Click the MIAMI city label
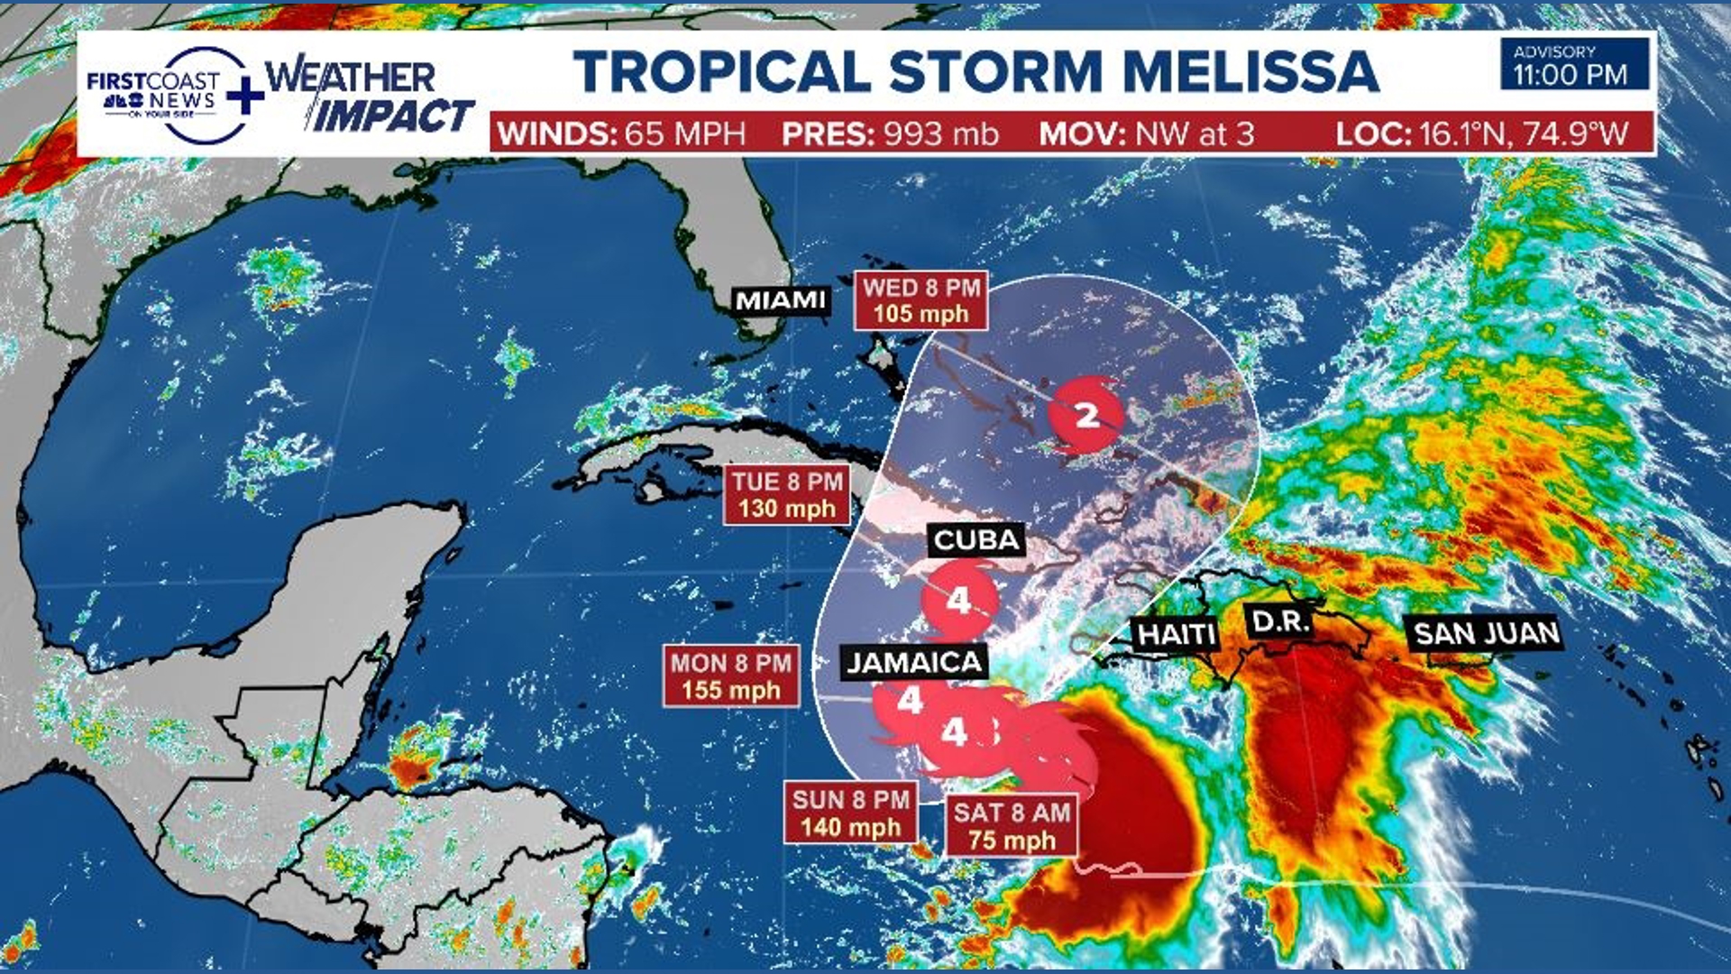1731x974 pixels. click(781, 300)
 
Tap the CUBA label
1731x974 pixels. click(976, 540)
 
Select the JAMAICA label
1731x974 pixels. click(914, 663)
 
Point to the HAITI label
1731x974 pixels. click(1177, 635)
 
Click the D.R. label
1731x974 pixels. click(1280, 621)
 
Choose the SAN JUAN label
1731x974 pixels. click(1486, 634)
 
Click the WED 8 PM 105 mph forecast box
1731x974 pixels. click(920, 300)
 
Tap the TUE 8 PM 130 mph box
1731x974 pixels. click(787, 495)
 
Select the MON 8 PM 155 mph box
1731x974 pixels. click(730, 676)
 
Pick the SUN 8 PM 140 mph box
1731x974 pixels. click(850, 813)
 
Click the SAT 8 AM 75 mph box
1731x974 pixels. click(1012, 826)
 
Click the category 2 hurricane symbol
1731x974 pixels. click(1088, 415)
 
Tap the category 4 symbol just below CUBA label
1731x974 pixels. click(959, 600)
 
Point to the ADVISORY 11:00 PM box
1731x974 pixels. click(1573, 64)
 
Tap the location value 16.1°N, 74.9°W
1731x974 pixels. click(1524, 134)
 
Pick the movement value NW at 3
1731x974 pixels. click(1195, 134)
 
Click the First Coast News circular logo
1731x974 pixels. click(171, 95)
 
